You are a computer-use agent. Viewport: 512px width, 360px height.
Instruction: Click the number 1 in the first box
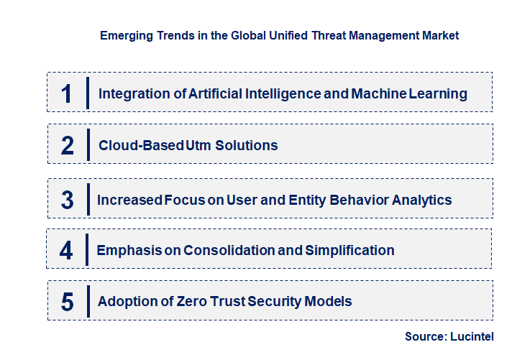67,93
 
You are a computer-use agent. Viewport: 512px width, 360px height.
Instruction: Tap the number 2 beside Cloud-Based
68,145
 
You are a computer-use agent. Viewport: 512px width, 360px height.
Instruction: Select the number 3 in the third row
68,200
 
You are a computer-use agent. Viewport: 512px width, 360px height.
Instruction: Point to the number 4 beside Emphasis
67,250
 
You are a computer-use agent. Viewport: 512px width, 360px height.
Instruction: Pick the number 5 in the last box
68,301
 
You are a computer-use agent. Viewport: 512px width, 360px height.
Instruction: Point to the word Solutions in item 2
249,145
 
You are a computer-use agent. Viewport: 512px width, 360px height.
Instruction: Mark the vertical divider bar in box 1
87,93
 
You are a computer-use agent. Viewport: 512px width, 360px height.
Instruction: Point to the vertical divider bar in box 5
87,300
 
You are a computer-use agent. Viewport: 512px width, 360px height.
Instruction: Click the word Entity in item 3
306,200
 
